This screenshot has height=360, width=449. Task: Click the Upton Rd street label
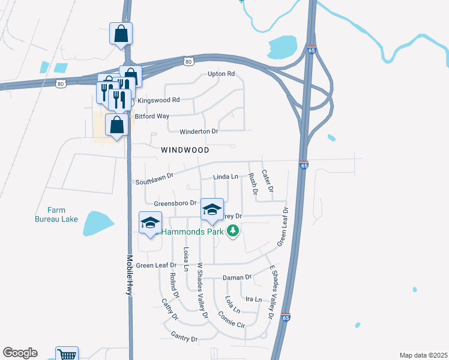[221, 74]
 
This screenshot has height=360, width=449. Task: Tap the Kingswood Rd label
[159, 100]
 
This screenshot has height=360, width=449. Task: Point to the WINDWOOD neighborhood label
[185, 149]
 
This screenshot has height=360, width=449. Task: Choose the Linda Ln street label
[226, 177]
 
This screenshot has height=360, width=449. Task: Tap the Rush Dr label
[253, 185]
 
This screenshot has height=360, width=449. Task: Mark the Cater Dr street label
[268, 181]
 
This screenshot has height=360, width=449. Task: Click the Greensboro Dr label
[175, 203]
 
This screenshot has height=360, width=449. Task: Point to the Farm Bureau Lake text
[63, 215]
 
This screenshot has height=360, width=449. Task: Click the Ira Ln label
[254, 299]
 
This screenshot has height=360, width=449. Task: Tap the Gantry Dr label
[184, 338]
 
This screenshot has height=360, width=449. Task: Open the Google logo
[20, 353]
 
